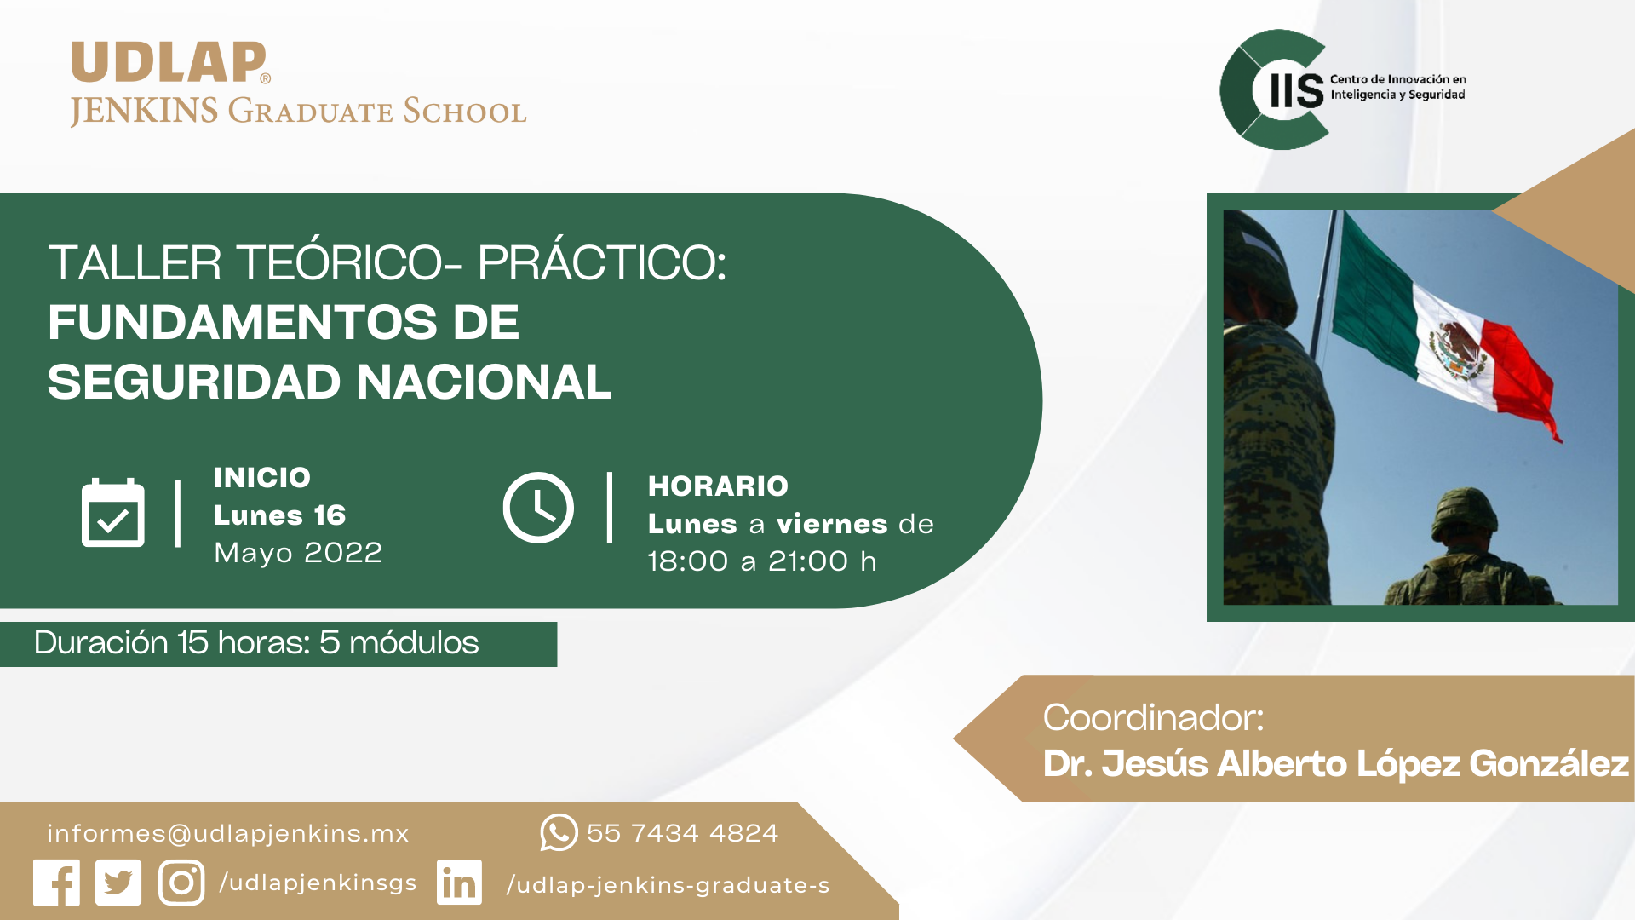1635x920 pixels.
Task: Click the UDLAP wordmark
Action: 169,62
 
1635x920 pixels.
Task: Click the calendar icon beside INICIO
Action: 113,512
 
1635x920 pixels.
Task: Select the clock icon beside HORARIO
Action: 538,508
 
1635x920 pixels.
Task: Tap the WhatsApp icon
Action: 559,832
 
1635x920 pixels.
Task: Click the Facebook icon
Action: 56,883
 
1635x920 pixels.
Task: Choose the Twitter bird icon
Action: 118,883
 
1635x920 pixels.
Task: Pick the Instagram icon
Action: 181,883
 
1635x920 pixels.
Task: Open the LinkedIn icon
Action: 459,883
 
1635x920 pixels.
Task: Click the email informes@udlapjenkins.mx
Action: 228,833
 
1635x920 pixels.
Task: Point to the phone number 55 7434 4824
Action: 682,833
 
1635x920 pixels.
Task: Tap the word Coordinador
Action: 1153,717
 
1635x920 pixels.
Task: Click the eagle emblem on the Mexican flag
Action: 1458,351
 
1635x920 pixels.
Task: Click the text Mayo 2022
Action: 298,553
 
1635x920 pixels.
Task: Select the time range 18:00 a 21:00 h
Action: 762,561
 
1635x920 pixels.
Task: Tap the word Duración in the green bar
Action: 101,642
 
